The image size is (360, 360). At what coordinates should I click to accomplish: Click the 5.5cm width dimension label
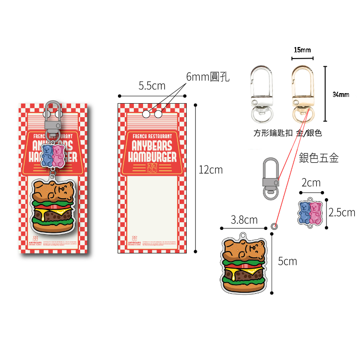coord(152,86)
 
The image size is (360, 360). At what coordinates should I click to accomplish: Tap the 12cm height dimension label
coord(211,169)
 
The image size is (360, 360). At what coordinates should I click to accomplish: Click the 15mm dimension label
coord(302,50)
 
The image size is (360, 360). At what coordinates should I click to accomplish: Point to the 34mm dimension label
coord(341,94)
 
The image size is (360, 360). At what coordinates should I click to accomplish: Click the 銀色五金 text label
coord(319,158)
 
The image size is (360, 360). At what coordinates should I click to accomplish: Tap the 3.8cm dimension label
coord(244,220)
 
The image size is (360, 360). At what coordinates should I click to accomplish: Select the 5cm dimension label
coord(288,261)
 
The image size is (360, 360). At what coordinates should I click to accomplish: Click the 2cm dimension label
coord(311,183)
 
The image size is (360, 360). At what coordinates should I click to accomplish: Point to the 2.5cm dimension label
coord(341,212)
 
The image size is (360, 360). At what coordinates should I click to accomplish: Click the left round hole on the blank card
coord(147,114)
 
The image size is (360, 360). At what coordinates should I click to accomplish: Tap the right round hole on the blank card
coord(157,114)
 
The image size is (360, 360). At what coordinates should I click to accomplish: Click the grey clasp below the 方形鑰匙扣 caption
coord(270,178)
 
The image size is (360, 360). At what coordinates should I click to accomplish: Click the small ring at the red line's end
coord(274,225)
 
